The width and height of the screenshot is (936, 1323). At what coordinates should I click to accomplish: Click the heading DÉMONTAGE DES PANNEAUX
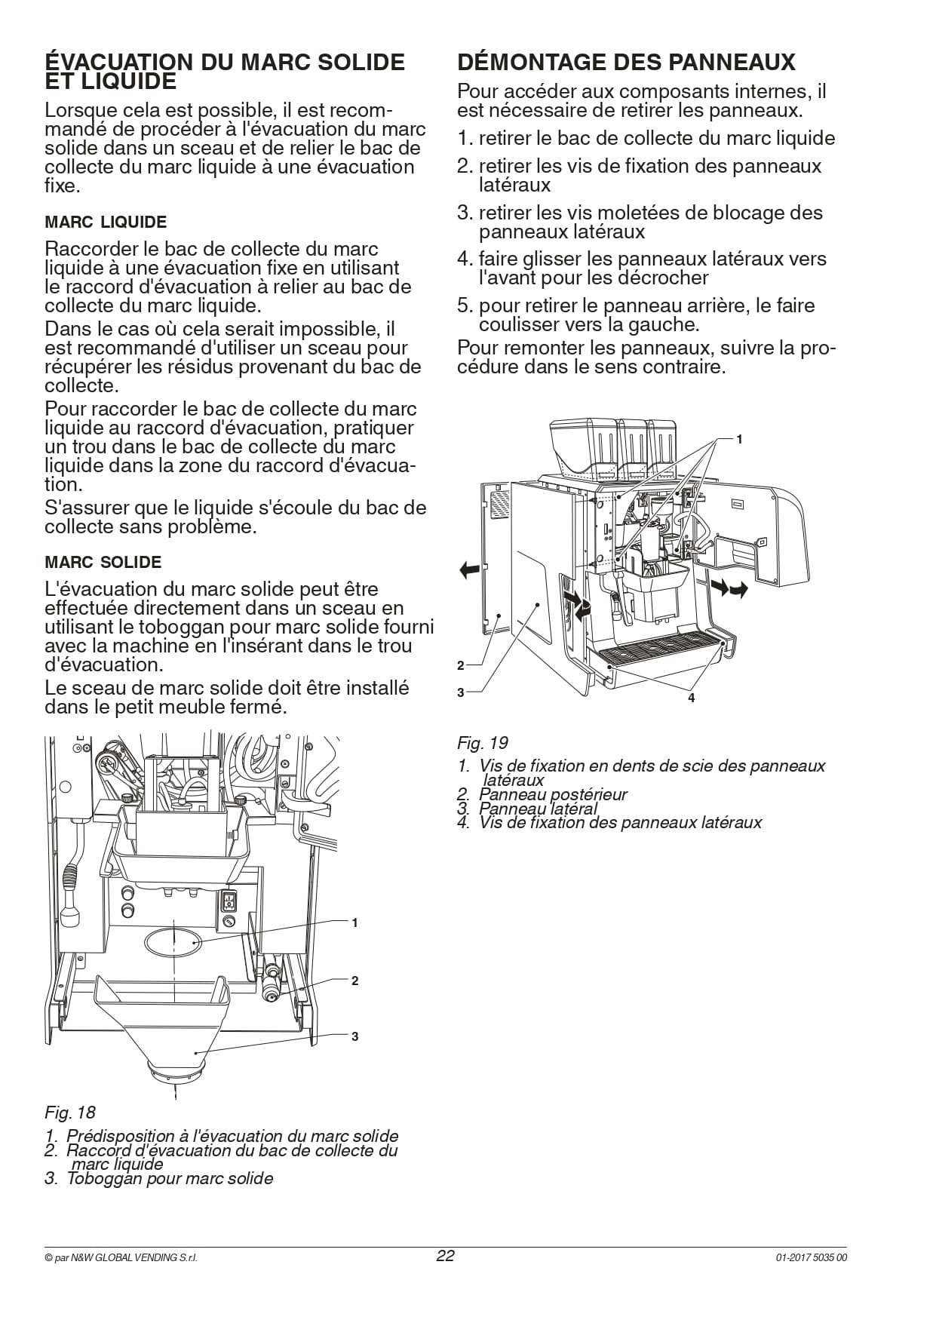click(x=626, y=62)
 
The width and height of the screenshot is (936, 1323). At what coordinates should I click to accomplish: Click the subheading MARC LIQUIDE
click(x=106, y=223)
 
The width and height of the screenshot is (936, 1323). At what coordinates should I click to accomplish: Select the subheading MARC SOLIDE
click(x=103, y=563)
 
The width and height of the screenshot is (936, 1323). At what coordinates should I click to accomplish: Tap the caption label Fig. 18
click(x=70, y=1113)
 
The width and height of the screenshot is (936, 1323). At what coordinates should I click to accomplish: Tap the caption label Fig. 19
click(x=483, y=743)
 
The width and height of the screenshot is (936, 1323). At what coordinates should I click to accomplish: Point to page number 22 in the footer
click(x=446, y=1256)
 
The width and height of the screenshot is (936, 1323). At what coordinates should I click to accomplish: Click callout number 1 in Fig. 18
click(x=354, y=922)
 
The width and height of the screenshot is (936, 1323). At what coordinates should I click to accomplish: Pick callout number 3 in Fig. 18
click(x=354, y=1036)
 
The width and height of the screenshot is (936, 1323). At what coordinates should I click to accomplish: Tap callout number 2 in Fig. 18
click(x=354, y=981)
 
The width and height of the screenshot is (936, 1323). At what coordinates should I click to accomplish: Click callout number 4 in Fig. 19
click(x=691, y=698)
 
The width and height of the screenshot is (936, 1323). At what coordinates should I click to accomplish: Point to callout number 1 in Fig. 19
click(x=739, y=439)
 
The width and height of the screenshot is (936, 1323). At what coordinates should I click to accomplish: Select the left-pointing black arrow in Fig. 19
click(x=469, y=569)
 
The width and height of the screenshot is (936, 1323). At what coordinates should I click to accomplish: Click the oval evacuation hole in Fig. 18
click(x=173, y=943)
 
